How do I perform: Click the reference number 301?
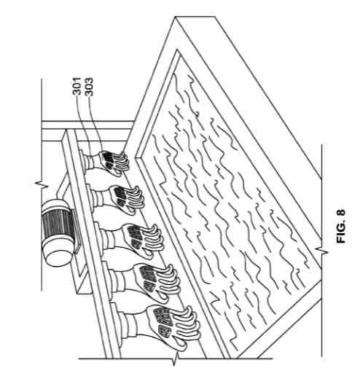(x=77, y=86)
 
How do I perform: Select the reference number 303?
(x=89, y=87)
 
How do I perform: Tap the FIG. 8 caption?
(x=341, y=227)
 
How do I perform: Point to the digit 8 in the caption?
(x=341, y=214)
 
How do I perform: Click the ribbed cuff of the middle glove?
(x=110, y=239)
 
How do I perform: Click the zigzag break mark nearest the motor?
(x=42, y=184)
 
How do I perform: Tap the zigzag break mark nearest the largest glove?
(x=175, y=359)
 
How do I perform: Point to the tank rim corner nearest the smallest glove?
(x=137, y=157)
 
